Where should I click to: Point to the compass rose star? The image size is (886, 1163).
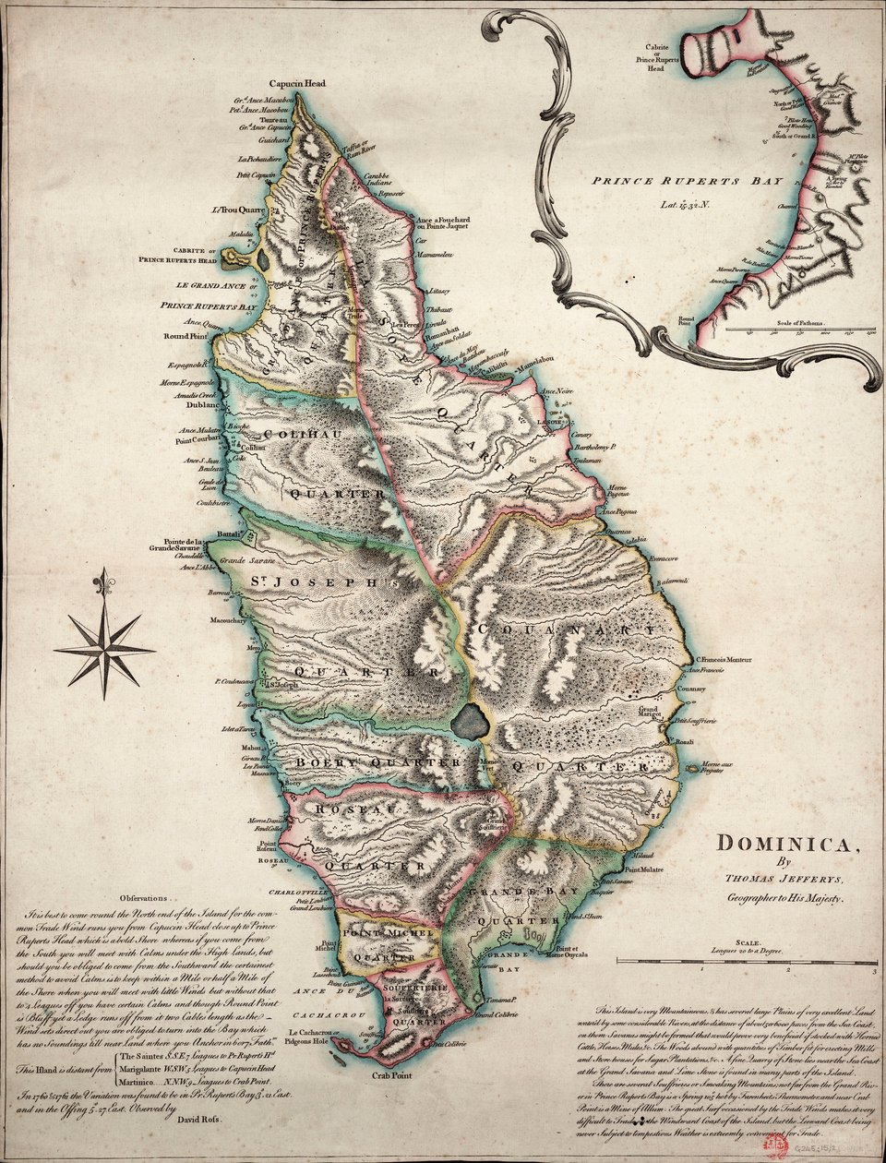[104, 651]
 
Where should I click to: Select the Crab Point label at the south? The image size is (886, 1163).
[391, 1076]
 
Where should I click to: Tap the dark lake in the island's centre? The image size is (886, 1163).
[471, 720]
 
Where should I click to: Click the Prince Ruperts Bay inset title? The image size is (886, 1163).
[687, 181]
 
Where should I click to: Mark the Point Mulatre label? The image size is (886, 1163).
[644, 869]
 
